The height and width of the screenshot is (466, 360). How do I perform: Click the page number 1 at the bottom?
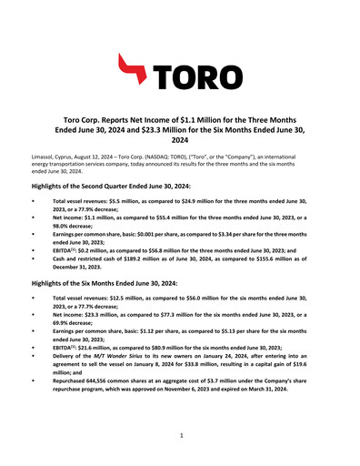coord(180,436)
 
